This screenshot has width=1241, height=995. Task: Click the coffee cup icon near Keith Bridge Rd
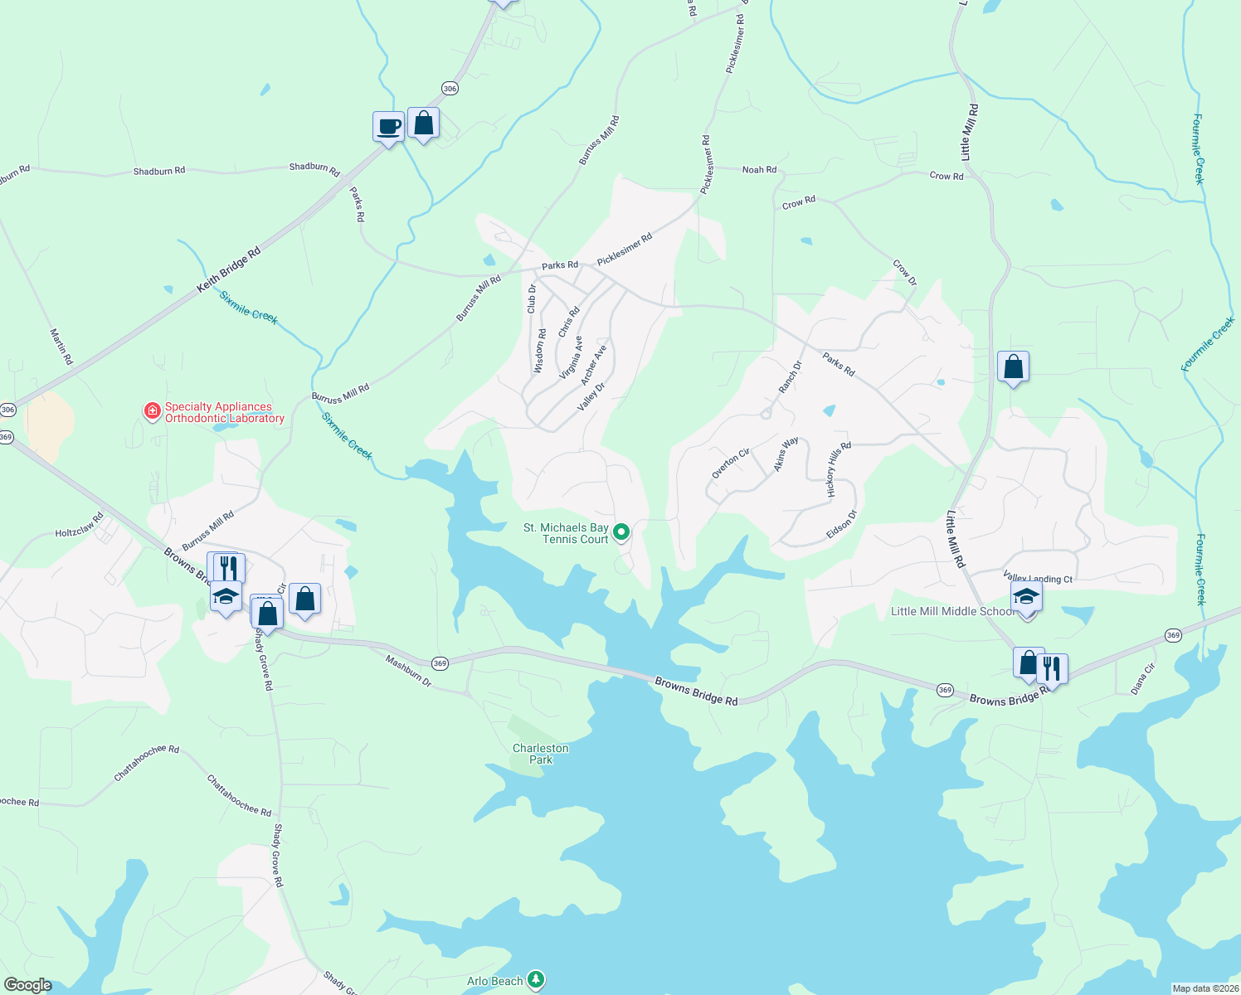pyautogui.click(x=388, y=127)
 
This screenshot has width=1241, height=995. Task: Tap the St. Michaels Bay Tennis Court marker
pyautogui.click(x=620, y=531)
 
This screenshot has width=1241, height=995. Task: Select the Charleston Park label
pyautogui.click(x=540, y=754)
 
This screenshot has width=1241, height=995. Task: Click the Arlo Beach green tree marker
pyautogui.click(x=537, y=981)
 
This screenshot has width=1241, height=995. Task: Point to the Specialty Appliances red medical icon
pyautogui.click(x=152, y=411)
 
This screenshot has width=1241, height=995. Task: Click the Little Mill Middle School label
pyautogui.click(x=951, y=611)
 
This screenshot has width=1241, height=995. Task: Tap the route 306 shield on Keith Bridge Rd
pyautogui.click(x=450, y=89)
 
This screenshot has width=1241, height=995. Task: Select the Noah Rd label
pyautogui.click(x=759, y=169)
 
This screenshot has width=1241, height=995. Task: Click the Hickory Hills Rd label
pyautogui.click(x=839, y=469)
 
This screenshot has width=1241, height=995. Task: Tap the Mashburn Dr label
pyautogui.click(x=409, y=671)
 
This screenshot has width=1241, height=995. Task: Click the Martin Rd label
pyautogui.click(x=61, y=347)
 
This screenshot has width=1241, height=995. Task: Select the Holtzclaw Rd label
pyautogui.click(x=79, y=526)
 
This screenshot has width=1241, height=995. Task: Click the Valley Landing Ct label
pyautogui.click(x=1038, y=578)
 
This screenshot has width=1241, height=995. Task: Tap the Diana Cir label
pyautogui.click(x=1142, y=678)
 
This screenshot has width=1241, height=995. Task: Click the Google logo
pyautogui.click(x=27, y=985)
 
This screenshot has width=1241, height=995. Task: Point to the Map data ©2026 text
pyautogui.click(x=1204, y=988)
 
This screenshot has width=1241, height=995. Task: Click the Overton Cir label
pyautogui.click(x=731, y=464)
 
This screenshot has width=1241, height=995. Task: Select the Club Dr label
pyautogui.click(x=532, y=298)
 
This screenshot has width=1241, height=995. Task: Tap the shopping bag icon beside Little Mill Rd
pyautogui.click(x=1013, y=366)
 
